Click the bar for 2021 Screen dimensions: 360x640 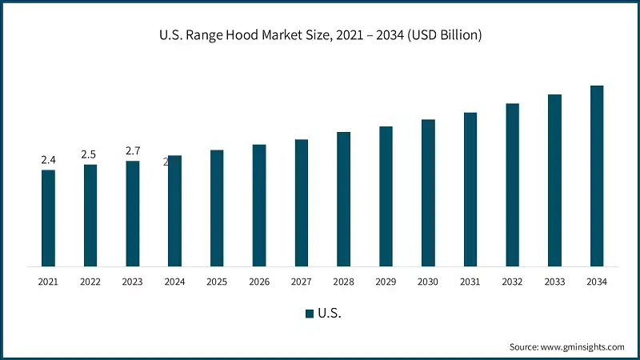pos(48,218)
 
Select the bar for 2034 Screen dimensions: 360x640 pos(597,176)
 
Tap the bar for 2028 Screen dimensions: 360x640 pos(343,199)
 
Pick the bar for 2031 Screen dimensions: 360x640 pos(470,190)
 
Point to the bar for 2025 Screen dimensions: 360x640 pos(217,208)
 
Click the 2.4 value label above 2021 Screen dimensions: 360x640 pos(48,160)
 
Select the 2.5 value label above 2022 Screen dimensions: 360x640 pos(90,154)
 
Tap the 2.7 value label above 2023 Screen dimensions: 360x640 pos(133,150)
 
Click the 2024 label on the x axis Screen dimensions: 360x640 pos(174,282)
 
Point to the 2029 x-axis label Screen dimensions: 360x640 pos(386,282)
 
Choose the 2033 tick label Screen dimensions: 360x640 pos(554,282)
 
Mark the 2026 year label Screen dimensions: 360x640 pos(259,282)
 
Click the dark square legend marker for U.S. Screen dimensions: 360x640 pos(309,314)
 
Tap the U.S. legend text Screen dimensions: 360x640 pos(330,314)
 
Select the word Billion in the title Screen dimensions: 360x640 pos(454,35)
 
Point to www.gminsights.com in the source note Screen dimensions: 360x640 pos(582,346)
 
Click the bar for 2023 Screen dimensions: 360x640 pos(133,214)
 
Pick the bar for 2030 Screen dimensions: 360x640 pos(428,193)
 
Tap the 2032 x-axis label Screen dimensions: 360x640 pos(512,282)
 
